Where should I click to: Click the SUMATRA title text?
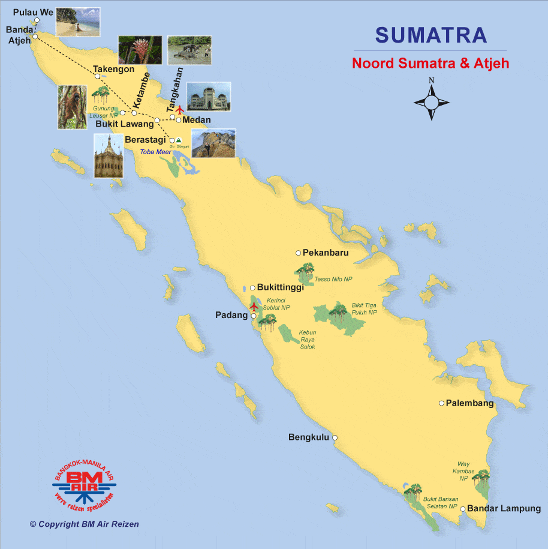tap(430, 35)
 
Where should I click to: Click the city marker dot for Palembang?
tap(441, 403)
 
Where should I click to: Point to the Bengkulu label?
tap(309, 437)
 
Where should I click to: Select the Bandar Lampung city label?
tap(504, 509)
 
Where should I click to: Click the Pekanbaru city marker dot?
tap(298, 253)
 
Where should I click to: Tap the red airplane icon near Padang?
tap(254, 307)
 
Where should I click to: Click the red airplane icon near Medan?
tap(179, 110)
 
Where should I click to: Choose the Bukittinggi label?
tap(280, 288)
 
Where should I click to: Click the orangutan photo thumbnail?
tap(73, 107)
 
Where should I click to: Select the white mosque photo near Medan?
tap(208, 97)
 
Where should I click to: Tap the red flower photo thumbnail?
tap(139, 49)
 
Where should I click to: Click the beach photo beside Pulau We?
tap(77, 22)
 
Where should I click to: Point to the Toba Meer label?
tap(155, 152)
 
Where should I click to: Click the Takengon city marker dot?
tap(97, 76)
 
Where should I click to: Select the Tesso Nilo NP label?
tap(333, 279)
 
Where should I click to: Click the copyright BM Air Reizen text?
tap(85, 524)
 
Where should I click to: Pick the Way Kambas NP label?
tap(463, 471)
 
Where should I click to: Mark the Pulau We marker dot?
tap(37, 20)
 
